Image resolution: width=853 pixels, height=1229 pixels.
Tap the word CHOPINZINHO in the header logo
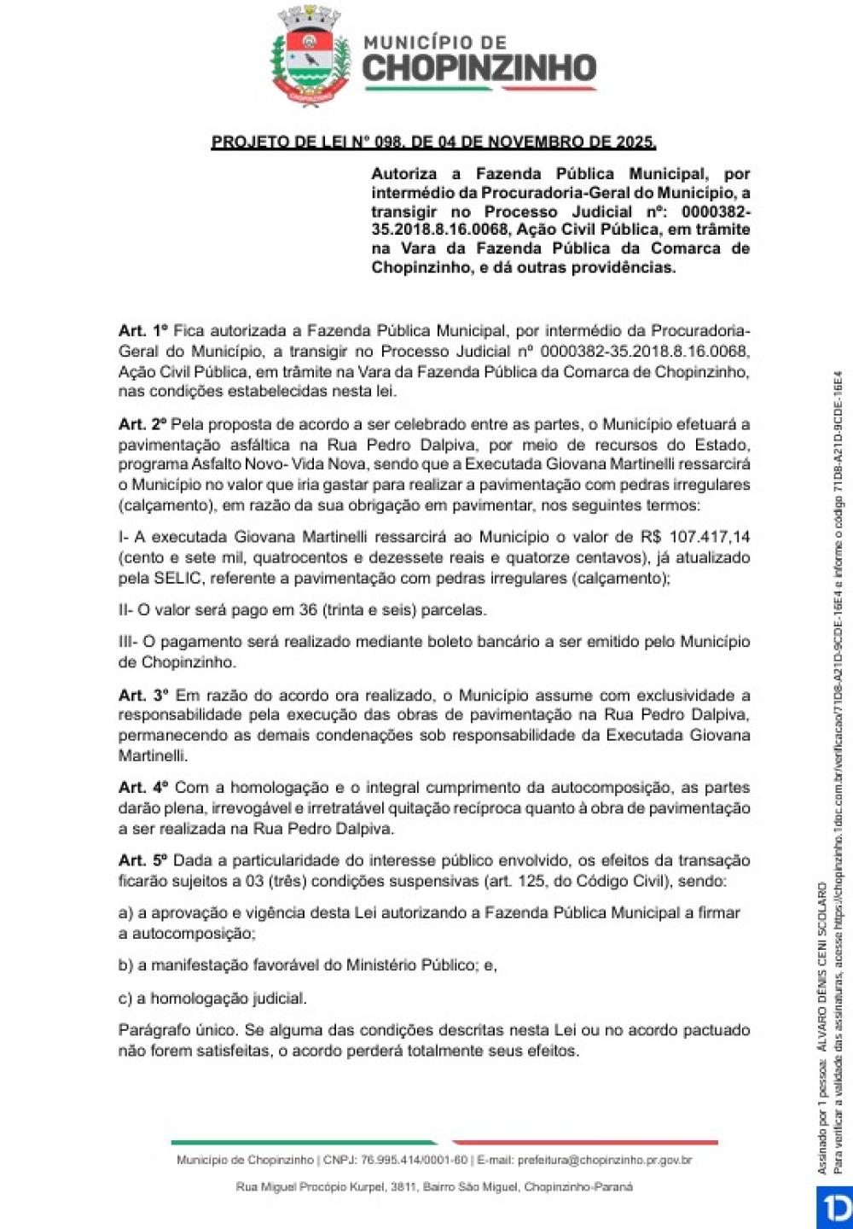coord(479,69)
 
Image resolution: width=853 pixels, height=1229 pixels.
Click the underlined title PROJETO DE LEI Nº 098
coord(433,142)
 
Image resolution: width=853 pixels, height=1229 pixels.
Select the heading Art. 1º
coord(142,330)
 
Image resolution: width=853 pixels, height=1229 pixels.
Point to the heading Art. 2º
coord(142,424)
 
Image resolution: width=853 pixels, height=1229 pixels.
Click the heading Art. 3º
coord(143,696)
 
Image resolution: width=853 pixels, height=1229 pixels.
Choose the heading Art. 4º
coord(143,788)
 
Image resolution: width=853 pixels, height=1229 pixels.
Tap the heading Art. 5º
coord(143,860)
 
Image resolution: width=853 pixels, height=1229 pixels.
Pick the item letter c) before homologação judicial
coord(125,998)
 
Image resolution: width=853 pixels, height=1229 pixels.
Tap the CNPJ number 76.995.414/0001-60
coord(414,1160)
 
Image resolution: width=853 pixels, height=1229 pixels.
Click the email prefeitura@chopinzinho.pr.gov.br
coord(604,1160)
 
